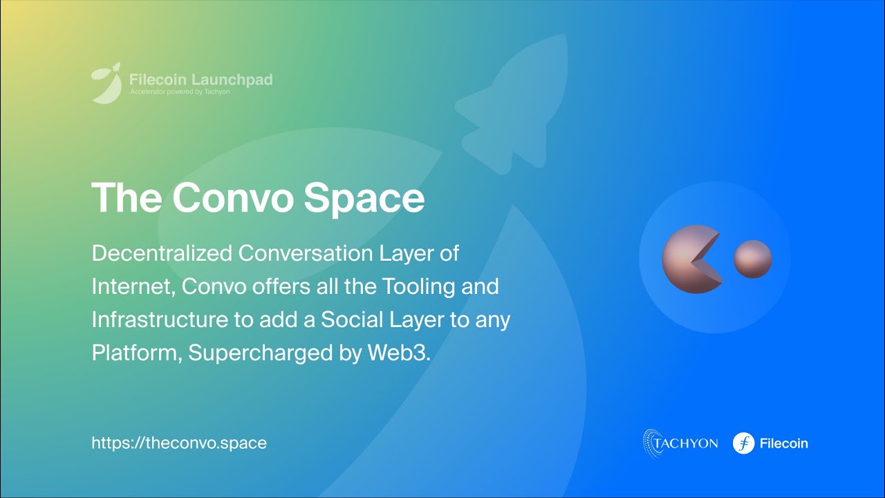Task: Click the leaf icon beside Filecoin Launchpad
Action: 106,84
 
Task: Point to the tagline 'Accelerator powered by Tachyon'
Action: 180,91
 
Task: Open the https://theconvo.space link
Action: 179,443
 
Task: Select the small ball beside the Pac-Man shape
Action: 752,259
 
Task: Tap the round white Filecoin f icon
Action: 743,443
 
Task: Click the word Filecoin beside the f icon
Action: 783,443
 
